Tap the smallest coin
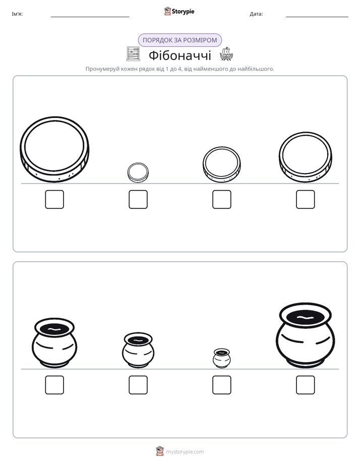(x=138, y=172)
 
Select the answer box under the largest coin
(x=54, y=199)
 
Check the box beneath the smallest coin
(x=138, y=199)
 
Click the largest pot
(x=306, y=335)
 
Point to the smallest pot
(x=221, y=358)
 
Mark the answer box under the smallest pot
(x=222, y=385)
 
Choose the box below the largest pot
(x=306, y=385)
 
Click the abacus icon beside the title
(x=133, y=54)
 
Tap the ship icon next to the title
(x=226, y=54)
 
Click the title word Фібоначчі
(x=179, y=55)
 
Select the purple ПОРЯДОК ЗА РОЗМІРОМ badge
(x=180, y=40)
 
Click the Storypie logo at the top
(x=179, y=11)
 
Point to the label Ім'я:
(x=17, y=14)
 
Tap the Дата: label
(x=256, y=14)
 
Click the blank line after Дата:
(x=317, y=17)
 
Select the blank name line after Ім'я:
(x=90, y=17)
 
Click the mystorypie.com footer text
(x=185, y=452)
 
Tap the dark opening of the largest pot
(x=306, y=317)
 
